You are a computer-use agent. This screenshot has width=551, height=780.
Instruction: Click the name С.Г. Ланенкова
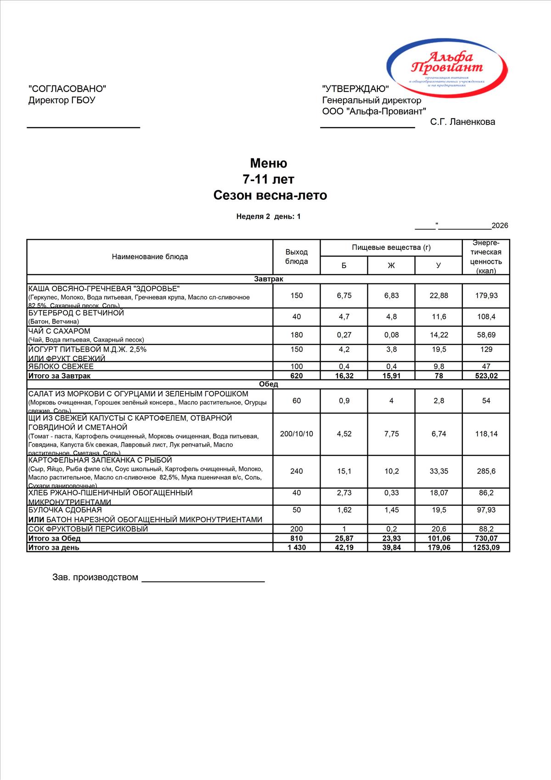(x=462, y=122)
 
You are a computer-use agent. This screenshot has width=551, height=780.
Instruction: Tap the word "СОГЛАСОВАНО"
(x=67, y=89)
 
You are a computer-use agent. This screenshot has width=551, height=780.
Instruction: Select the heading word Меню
(x=269, y=163)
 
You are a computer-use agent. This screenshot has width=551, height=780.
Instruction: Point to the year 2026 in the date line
(x=500, y=226)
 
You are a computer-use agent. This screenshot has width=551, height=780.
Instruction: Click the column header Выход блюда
(x=297, y=257)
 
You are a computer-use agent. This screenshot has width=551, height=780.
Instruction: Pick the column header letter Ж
(x=391, y=266)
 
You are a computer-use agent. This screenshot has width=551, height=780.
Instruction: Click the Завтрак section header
(x=269, y=279)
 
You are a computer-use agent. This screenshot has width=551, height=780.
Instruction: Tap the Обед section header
(x=269, y=384)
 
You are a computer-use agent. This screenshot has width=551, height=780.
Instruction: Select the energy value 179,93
(x=486, y=295)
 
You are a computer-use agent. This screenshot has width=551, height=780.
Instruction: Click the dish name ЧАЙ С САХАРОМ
(x=59, y=331)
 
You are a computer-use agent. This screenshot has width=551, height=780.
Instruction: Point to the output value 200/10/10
(x=297, y=434)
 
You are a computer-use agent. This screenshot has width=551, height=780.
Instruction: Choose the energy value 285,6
(x=486, y=471)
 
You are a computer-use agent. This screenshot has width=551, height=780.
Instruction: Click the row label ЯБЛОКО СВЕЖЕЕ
(x=61, y=367)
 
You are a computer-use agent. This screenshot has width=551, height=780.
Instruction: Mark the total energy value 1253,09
(x=486, y=547)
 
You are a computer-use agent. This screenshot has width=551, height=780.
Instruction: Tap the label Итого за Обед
(x=55, y=538)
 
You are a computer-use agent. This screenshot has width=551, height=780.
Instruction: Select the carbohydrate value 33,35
(x=439, y=471)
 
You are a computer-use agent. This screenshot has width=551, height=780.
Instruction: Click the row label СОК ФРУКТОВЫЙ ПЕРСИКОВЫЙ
(x=88, y=529)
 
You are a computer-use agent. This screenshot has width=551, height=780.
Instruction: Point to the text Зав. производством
(x=95, y=577)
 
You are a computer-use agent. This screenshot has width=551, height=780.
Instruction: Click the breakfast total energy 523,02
(x=486, y=376)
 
